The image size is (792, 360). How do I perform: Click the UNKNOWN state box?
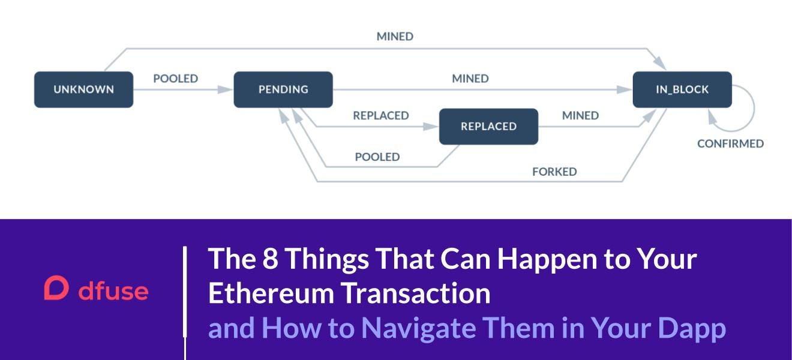coord(83,90)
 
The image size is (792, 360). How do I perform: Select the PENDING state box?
coord(283,90)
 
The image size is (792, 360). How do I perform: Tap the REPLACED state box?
coord(488,127)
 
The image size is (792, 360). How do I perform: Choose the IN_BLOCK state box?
coord(682,90)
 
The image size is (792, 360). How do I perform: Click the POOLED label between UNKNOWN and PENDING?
coord(176,79)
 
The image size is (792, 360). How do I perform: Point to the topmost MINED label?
coord(395,37)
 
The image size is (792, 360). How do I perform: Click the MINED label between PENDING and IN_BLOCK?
coord(470,79)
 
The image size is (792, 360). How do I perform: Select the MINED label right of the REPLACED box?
coord(580,115)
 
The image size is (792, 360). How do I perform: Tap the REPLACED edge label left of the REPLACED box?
coord(381,115)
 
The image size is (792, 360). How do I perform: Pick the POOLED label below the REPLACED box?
coord(377,157)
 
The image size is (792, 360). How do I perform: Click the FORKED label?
coord(554,172)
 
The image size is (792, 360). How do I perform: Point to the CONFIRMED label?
coord(730,144)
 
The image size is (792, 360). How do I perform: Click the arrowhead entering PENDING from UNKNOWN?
coord(225,90)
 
